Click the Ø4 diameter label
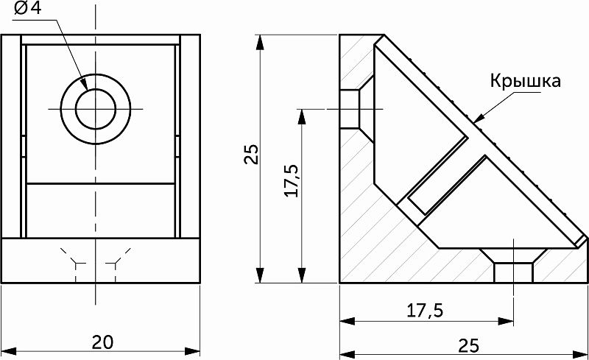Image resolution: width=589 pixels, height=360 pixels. click(x=27, y=8)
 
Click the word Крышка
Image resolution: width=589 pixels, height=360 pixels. click(x=525, y=81)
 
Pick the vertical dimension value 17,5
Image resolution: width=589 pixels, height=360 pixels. click(x=291, y=180)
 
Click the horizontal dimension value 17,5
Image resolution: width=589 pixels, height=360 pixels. click(x=425, y=311)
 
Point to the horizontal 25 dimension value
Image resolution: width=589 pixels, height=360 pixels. click(x=469, y=345)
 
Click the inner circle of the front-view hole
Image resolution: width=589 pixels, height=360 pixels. click(x=96, y=109)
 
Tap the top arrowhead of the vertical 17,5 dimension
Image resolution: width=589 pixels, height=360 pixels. click(x=301, y=117)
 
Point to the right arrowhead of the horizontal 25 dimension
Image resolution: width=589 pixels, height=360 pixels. click(x=579, y=354)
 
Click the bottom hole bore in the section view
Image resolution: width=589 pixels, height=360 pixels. click(x=513, y=273)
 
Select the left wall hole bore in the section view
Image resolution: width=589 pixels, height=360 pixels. click(x=349, y=110)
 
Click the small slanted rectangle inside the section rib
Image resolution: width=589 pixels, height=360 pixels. click(x=438, y=176)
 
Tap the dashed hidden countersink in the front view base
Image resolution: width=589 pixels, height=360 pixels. click(x=96, y=264)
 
